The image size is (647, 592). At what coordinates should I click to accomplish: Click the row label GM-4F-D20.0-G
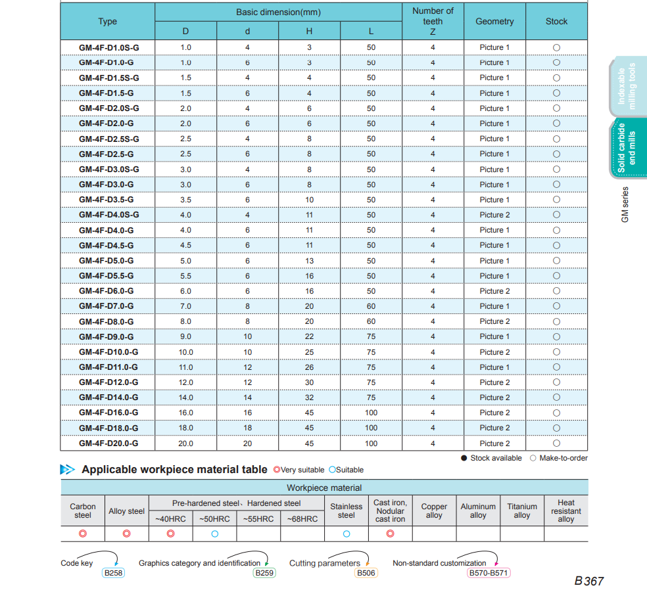coord(108,444)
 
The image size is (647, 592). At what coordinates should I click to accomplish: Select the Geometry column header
coord(494,21)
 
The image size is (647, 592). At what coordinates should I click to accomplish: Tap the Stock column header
coord(556,21)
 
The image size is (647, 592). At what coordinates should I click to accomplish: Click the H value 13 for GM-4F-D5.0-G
coord(309,261)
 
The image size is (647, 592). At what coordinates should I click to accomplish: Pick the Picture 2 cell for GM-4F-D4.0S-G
coord(494,215)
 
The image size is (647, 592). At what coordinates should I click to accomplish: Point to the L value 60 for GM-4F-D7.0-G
coord(371,306)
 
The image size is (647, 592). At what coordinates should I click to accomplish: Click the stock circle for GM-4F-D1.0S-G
coord(556,47)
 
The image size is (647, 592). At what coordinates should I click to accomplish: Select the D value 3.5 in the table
coord(185,200)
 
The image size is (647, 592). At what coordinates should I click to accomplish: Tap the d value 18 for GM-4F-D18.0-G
coord(247,428)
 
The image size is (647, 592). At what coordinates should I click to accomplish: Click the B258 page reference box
coord(113,573)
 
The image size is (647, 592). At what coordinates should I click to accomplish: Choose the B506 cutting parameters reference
coord(366,573)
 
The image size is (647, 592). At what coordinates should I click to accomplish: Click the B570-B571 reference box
coord(489,573)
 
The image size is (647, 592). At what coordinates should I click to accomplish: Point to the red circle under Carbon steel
coord(83,534)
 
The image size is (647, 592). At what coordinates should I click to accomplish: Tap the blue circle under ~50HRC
coord(214,534)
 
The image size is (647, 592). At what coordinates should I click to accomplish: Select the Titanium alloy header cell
coord(522,511)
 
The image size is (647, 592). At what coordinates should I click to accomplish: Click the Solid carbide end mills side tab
coord(627,148)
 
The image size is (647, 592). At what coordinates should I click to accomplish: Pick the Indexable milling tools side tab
coord(627,86)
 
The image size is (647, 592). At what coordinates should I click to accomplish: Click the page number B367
coord(588,581)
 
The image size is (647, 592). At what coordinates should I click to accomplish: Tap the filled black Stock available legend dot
coord(464,458)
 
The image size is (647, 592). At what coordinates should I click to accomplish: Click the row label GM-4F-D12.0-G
coord(108,382)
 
